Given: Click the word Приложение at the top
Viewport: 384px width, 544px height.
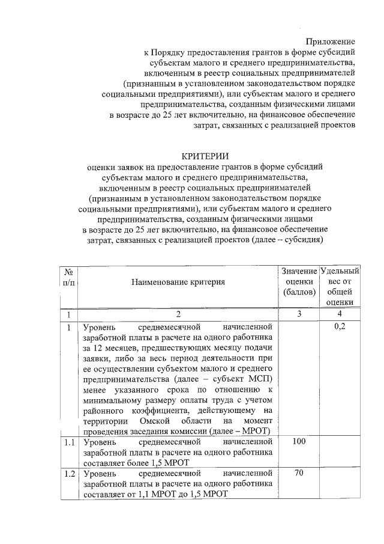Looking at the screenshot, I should pyautogui.click(x=330, y=41).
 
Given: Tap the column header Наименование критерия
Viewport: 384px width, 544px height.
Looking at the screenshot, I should pyautogui.click(x=179, y=281).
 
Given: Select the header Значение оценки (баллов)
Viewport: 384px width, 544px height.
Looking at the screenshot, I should pyautogui.click(x=299, y=281).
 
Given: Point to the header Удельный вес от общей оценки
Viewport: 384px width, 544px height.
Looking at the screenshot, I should pyautogui.click(x=340, y=286).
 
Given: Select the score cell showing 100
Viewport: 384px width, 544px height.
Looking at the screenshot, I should pyautogui.click(x=299, y=442).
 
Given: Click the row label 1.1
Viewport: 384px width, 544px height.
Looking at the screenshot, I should pyautogui.click(x=69, y=442).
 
